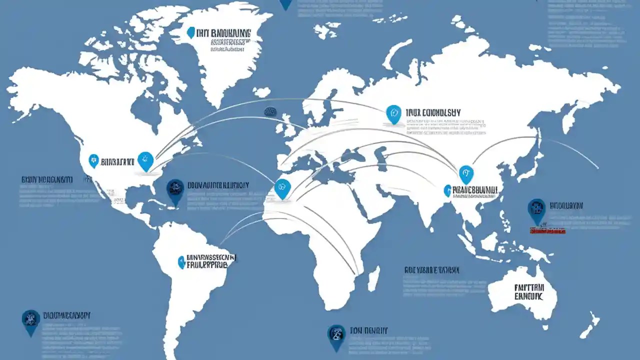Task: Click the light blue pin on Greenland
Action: (190, 32)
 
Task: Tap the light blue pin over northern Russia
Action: (393, 113)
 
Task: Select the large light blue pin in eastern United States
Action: (145, 161)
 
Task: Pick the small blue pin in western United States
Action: (93, 160)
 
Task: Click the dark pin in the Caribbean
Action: (175, 191)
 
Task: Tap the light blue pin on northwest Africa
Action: (282, 188)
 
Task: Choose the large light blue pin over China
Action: (466, 173)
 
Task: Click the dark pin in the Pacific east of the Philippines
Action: (536, 210)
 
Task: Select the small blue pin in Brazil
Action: (181, 262)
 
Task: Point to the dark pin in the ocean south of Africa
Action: (336, 336)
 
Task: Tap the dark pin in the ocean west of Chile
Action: (31, 321)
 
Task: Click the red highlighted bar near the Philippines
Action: (547, 230)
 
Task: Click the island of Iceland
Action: (261, 92)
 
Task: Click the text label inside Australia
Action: (528, 292)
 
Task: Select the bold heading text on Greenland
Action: (223, 33)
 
